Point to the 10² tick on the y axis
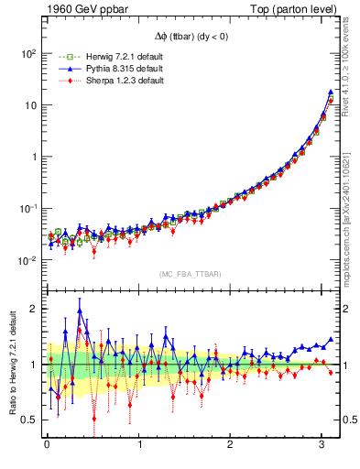[27, 53]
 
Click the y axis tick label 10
[29, 104]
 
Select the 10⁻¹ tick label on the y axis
[27, 208]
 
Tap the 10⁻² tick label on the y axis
[27, 259]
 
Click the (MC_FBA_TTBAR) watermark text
[190, 274]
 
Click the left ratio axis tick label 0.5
[29, 420]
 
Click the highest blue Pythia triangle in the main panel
[330, 92]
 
